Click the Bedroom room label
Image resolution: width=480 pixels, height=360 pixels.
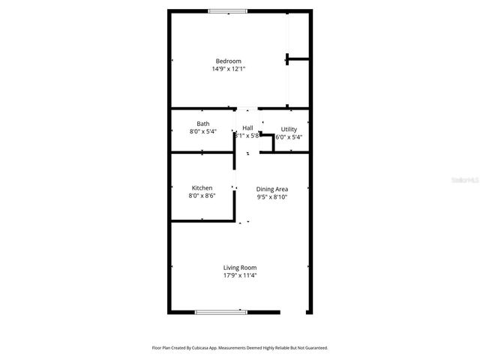228,61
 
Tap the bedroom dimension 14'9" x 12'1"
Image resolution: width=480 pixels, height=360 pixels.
228,69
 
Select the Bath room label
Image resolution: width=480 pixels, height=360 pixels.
203,124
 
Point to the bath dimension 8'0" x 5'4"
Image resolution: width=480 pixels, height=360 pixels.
202,132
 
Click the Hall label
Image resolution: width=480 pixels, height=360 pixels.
247,128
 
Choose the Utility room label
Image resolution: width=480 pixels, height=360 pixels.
289,129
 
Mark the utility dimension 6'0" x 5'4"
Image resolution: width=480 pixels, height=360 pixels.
289,137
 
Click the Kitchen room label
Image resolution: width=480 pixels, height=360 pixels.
202,187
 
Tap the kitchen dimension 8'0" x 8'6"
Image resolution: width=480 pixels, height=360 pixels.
202,196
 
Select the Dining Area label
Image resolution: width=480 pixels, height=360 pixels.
272,189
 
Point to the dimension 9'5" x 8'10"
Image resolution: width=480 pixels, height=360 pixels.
272,197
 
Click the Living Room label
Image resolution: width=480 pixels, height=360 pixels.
240,267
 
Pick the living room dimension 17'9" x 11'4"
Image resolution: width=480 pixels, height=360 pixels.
240,275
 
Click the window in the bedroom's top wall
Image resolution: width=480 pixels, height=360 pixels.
227,10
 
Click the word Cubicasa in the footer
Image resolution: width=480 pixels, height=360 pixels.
198,348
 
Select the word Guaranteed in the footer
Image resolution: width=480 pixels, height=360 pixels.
313,348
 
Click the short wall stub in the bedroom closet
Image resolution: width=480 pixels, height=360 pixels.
298,58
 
